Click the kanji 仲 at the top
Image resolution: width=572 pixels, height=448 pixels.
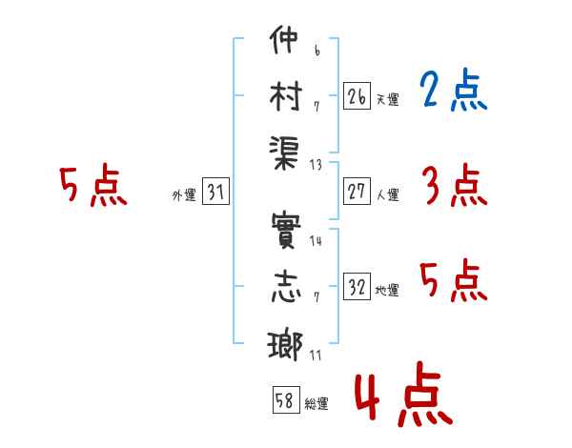[x=284, y=39]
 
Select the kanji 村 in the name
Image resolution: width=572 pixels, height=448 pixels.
[x=286, y=95]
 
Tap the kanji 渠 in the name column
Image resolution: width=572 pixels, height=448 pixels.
[x=284, y=153]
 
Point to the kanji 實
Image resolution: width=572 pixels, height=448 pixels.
[x=286, y=231]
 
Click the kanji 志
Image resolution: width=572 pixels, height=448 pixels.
[x=286, y=287]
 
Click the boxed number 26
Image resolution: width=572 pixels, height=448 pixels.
[x=357, y=96]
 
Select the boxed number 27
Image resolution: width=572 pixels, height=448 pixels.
[x=357, y=192]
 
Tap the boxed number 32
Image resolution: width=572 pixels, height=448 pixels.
[x=357, y=286]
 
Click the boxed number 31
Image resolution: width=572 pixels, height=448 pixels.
[x=215, y=192]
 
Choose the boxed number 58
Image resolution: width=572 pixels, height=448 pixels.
[x=286, y=399]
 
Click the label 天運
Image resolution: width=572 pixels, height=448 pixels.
[x=387, y=99]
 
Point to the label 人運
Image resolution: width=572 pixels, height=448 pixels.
[x=387, y=194]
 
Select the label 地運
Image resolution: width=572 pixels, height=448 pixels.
[x=387, y=290]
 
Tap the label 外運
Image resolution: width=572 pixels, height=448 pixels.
[x=184, y=194]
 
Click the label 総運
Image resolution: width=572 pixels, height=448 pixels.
[x=317, y=403]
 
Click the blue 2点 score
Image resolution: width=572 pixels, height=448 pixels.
[x=454, y=90]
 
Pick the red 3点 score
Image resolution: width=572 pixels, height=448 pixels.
[x=455, y=185]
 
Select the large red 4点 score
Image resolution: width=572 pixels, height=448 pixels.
[x=404, y=394]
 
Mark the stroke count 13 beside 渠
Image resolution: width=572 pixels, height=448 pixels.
[x=316, y=165]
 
